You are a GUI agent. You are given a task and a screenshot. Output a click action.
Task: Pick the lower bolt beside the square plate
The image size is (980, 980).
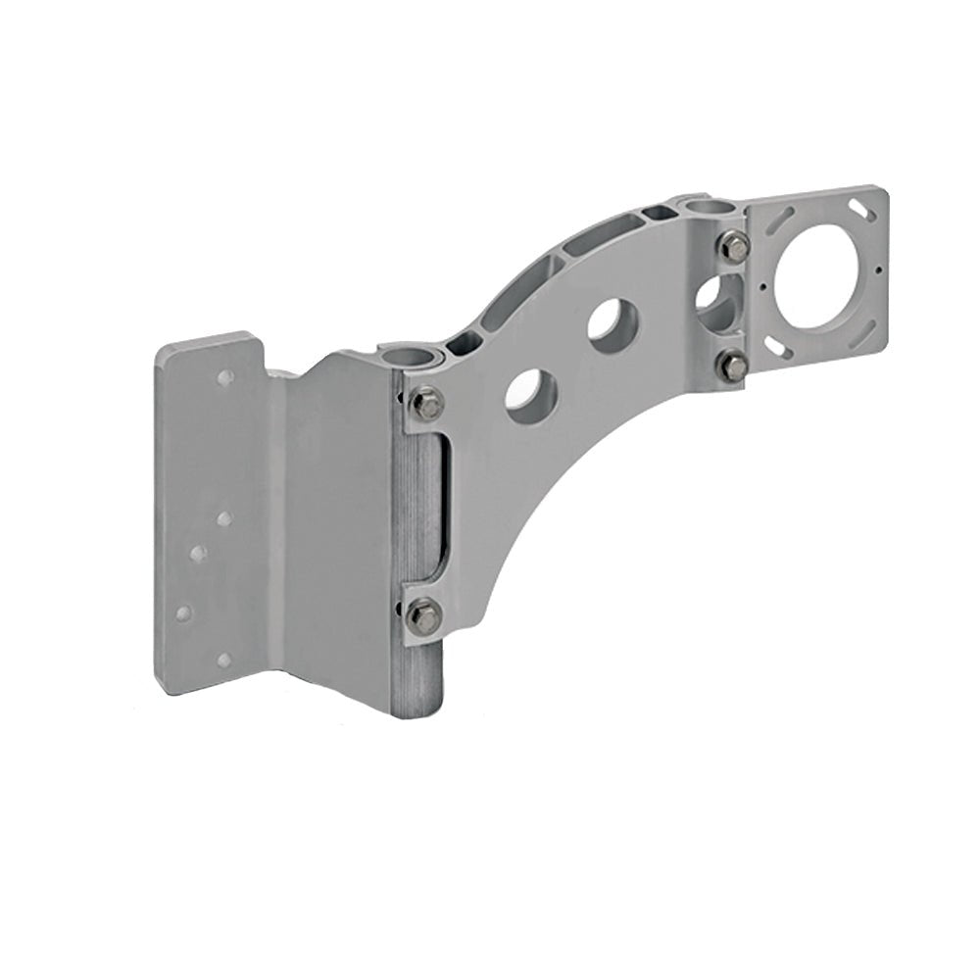(733, 367)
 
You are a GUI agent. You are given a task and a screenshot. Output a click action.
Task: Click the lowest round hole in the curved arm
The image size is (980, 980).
(531, 392)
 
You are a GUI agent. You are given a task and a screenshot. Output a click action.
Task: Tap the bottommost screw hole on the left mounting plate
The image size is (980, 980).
(222, 659)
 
